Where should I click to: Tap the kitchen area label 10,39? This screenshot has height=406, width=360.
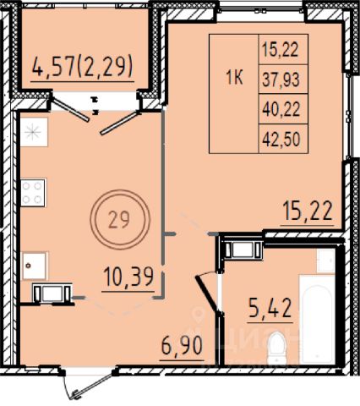click(128, 277)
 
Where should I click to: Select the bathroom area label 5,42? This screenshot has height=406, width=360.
click(270, 308)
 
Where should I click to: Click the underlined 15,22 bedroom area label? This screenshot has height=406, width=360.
click(308, 211)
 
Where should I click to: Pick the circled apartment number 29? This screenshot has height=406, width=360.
click(119, 220)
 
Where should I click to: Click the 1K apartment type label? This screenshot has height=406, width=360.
click(234, 78)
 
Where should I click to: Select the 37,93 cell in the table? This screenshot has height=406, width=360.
click(281, 80)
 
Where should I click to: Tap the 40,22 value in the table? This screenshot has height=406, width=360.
click(281, 110)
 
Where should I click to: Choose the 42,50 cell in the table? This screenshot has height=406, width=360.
click(281, 140)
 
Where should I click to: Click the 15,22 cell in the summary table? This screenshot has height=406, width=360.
click(280, 50)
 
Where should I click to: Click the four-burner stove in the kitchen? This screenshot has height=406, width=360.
click(33, 193)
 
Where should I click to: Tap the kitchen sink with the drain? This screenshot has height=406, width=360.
click(35, 266)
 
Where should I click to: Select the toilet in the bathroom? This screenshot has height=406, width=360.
click(275, 347)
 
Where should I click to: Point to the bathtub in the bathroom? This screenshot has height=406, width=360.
click(317, 319)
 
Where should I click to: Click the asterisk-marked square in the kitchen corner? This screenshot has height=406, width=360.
click(34, 132)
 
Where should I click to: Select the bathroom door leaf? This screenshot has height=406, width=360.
click(207, 294)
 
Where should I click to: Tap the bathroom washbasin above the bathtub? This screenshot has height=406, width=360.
click(325, 261)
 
